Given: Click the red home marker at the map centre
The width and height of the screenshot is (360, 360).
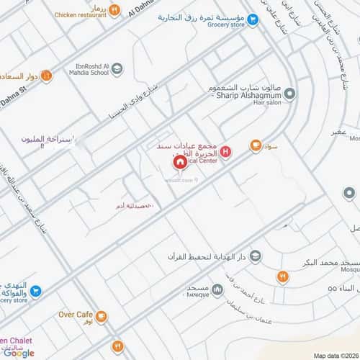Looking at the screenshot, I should pos(179,163).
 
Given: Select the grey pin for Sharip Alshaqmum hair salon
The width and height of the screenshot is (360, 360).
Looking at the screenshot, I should pos(289,94).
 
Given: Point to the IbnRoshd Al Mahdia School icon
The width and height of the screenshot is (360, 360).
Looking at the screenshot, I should pos(117,68).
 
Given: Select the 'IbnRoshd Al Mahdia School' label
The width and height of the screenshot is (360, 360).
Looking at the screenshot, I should pos(81,68).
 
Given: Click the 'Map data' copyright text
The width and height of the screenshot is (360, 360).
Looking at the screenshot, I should pos(334,355).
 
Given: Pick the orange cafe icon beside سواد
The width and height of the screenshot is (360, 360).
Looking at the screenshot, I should pos(255,145).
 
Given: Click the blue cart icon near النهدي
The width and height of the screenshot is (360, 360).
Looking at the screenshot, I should pos(35,292).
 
